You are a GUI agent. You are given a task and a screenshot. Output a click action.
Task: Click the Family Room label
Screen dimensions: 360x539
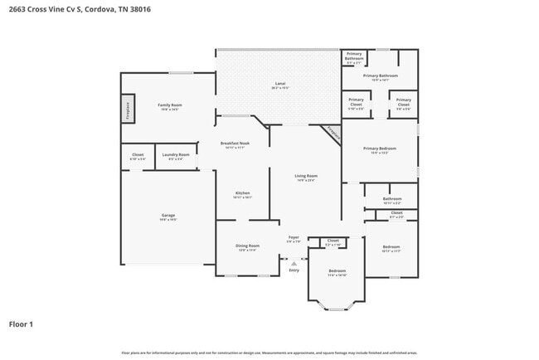coord(170,105)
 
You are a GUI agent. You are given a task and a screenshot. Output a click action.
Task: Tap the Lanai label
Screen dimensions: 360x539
coord(280,84)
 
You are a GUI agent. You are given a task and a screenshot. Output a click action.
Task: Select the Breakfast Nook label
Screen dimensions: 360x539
coord(233,144)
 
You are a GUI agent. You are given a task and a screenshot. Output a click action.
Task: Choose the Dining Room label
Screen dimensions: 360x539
coord(248,246)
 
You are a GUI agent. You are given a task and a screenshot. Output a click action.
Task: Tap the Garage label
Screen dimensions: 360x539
coord(168,216)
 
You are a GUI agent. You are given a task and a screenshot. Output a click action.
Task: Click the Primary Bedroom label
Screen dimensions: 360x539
coord(380,148)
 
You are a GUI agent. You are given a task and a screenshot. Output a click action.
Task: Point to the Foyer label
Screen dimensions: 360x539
coord(294,238)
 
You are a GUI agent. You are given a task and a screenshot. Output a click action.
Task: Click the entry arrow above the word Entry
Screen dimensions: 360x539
coord(294,263)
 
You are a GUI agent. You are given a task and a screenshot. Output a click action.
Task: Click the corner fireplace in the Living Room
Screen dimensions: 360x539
coord(331,133)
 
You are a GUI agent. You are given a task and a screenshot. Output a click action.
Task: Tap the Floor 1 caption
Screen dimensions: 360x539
coord(21,324)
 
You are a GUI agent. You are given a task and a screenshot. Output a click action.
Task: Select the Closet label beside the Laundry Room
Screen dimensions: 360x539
coord(138,154)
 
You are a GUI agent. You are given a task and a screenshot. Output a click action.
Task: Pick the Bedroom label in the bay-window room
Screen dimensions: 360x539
coord(337,270)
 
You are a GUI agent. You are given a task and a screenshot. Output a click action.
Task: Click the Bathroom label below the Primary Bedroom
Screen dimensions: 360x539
coord(392,198)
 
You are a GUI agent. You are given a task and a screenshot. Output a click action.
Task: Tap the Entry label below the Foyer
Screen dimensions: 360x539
coord(294,270)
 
